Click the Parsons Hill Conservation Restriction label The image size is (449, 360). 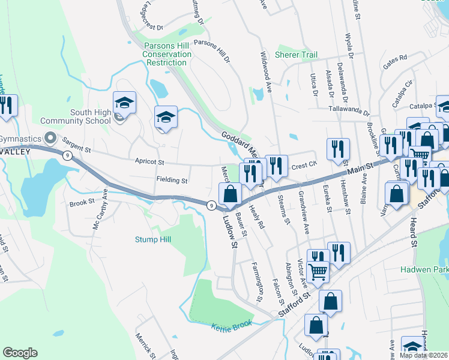167,54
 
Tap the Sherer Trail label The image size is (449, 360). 296,55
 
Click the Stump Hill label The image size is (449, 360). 152,239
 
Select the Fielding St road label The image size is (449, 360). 172,180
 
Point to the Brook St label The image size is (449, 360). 79,203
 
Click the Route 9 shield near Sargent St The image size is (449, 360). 66,156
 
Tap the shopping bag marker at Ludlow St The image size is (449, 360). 231,194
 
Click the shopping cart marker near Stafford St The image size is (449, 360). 318,272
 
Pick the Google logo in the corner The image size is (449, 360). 20,353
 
